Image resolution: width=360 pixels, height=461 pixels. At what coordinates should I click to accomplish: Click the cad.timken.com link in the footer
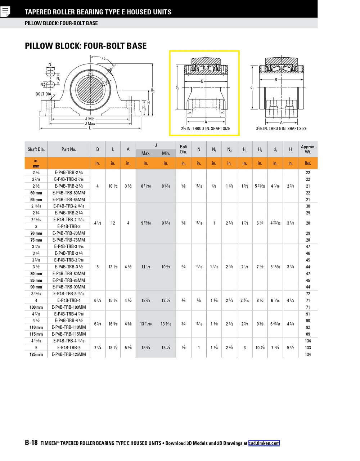(x=264, y=443)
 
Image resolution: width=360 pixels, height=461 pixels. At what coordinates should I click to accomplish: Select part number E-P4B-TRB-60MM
(x=69, y=193)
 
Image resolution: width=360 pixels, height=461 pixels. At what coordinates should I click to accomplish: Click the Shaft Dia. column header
(x=36, y=149)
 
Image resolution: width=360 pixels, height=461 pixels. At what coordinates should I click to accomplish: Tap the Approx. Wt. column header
(x=308, y=149)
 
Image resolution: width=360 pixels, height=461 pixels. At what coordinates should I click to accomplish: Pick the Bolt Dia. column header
(x=184, y=149)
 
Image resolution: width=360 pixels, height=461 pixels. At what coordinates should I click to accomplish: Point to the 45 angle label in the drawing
(x=104, y=58)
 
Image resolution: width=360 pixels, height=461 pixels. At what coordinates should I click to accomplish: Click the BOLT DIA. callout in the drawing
(x=44, y=94)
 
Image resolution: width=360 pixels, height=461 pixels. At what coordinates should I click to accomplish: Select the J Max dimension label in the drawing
(x=90, y=124)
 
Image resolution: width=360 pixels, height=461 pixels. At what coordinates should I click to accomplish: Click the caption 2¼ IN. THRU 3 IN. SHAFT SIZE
(x=205, y=129)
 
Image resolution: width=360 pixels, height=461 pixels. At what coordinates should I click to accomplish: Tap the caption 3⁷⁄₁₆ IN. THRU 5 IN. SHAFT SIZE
(x=281, y=129)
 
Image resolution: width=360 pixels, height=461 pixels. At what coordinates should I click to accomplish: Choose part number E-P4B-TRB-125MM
(x=69, y=354)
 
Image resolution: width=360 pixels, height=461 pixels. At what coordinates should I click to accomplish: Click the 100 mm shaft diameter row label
(x=36, y=307)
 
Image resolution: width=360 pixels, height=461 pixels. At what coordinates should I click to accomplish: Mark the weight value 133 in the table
(x=308, y=348)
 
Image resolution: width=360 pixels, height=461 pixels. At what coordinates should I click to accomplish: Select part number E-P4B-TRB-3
(x=69, y=226)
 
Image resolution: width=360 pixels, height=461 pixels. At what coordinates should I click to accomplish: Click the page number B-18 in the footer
(x=31, y=443)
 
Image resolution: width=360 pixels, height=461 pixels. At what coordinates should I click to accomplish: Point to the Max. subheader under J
(x=146, y=153)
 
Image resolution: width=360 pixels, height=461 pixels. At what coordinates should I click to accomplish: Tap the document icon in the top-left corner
(x=5, y=12)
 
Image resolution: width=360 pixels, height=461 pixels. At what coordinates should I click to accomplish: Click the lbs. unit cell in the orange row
(x=308, y=163)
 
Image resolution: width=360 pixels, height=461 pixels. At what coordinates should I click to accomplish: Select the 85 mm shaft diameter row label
(x=36, y=280)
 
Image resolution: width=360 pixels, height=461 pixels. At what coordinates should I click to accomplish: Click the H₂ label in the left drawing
(x=153, y=90)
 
